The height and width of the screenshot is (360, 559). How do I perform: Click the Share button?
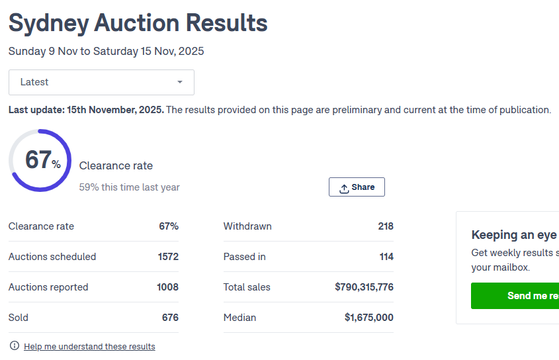(357, 187)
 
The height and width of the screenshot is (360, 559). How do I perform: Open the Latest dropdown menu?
(101, 82)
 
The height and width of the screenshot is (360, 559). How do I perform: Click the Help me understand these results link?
(89, 346)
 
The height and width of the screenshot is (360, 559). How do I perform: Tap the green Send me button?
(515, 296)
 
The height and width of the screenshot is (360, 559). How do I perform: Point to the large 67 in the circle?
(38, 160)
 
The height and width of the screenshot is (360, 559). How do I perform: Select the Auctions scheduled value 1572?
(168, 257)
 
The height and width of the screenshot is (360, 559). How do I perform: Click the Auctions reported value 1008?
(167, 287)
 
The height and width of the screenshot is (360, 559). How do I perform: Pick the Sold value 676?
(170, 318)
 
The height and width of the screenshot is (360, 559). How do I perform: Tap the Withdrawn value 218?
(386, 226)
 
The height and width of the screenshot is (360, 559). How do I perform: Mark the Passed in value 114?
(386, 257)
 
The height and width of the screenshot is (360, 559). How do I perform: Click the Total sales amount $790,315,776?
(364, 287)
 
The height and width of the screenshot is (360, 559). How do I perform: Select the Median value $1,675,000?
(368, 318)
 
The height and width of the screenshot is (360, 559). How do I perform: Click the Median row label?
(239, 318)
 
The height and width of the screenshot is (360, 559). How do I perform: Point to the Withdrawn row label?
(247, 226)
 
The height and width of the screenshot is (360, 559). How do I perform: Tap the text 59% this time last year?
(129, 187)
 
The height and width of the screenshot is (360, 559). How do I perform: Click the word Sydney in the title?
(48, 23)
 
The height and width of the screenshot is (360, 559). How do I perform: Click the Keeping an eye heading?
(514, 235)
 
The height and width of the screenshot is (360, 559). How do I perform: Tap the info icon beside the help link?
(15, 346)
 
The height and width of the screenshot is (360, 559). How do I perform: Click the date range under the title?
(106, 51)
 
